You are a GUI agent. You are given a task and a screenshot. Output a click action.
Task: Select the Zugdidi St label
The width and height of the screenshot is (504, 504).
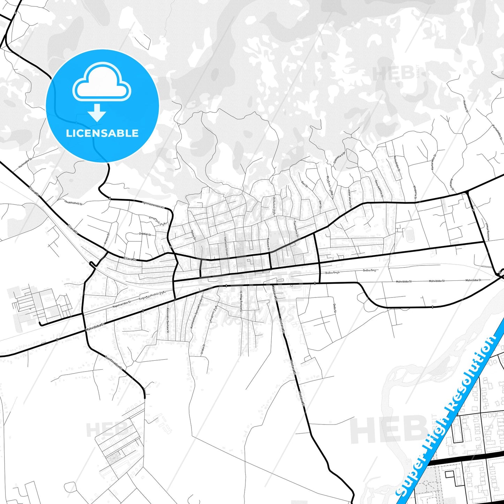(x=145, y=234)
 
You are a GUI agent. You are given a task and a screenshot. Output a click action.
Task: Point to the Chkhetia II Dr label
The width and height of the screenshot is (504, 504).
(x=339, y=158)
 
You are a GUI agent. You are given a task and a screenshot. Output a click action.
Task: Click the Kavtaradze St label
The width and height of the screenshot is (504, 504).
(x=434, y=163)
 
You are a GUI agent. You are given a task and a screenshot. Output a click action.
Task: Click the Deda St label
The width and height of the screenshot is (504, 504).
(x=334, y=308)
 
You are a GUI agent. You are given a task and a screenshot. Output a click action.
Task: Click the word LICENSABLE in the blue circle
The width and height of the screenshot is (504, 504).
(x=102, y=133)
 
